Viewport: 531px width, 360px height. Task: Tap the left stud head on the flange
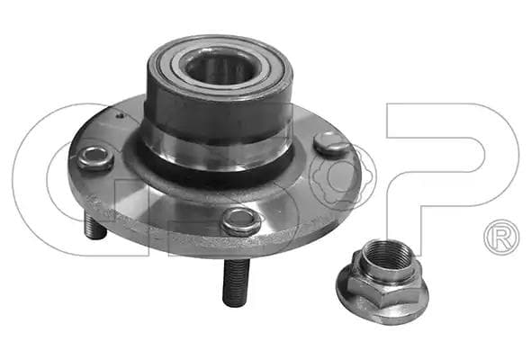(95, 157)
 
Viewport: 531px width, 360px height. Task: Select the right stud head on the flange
(330, 143)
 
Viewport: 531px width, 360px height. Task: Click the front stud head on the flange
(241, 220)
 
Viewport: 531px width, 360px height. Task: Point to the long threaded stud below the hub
(236, 281)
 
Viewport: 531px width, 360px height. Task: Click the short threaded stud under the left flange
(94, 225)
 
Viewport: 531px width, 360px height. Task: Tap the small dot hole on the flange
(119, 116)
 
